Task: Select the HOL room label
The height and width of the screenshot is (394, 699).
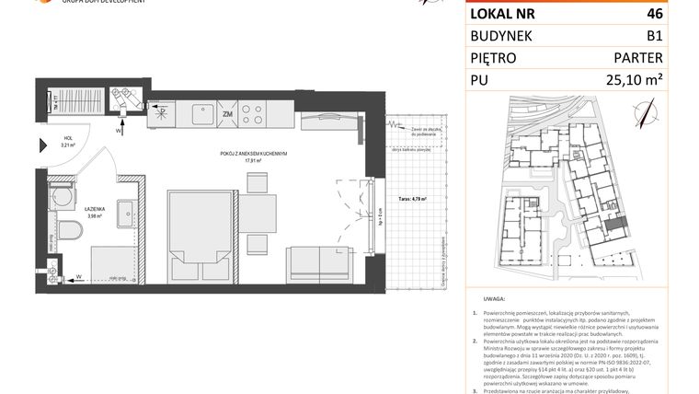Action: tap(66, 138)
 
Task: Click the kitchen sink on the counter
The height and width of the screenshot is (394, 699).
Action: tap(200, 114)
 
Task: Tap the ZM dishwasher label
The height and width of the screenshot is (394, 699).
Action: tap(227, 115)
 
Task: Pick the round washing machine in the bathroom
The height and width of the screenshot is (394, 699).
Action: tap(63, 196)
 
